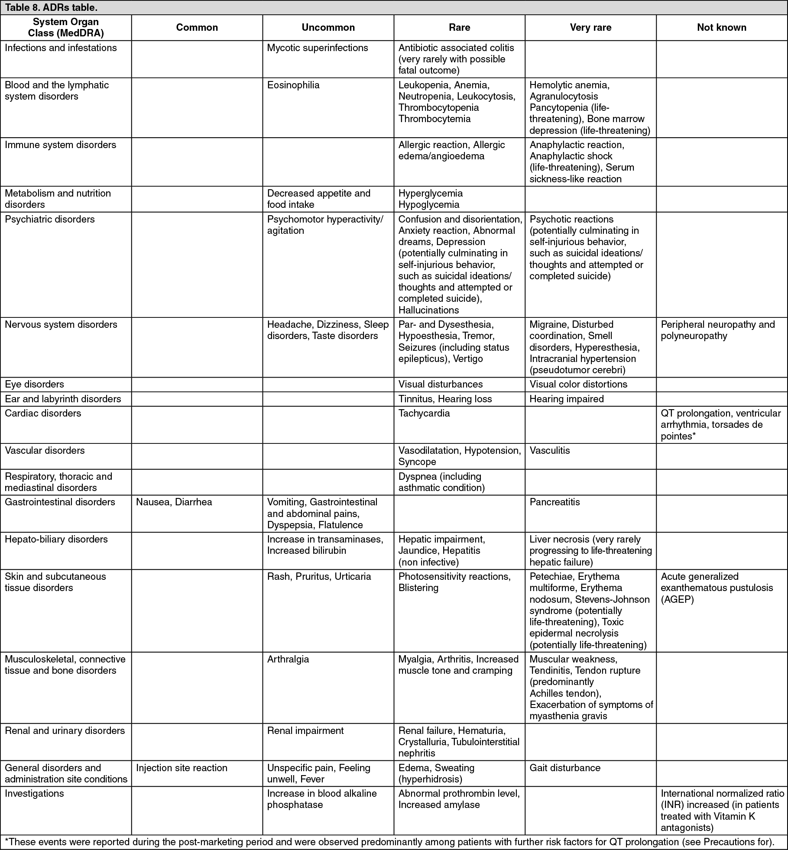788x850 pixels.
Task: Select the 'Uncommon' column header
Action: pyautogui.click(x=328, y=28)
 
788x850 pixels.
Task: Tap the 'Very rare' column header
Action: pyautogui.click(x=590, y=28)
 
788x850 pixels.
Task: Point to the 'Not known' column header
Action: pyautogui.click(x=721, y=28)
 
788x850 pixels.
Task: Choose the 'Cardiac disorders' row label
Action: pyautogui.click(x=43, y=413)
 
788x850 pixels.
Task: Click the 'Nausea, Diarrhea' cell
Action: pyautogui.click(x=174, y=502)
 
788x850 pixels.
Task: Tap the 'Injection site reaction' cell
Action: pyautogui.click(x=182, y=768)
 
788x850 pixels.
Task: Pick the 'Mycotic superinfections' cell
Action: pyautogui.click(x=317, y=48)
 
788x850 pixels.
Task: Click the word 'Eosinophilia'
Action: pyautogui.click(x=293, y=85)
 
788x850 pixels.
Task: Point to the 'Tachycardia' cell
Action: pyautogui.click(x=424, y=413)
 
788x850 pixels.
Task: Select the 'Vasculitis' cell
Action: pyautogui.click(x=549, y=450)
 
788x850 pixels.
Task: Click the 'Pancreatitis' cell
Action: pyautogui.click(x=555, y=502)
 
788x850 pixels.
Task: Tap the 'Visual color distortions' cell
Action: pyautogui.click(x=578, y=385)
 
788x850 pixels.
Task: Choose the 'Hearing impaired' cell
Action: pyautogui.click(x=566, y=399)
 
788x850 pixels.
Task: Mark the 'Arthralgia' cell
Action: pyautogui.click(x=288, y=659)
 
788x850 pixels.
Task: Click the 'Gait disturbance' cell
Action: pyautogui.click(x=565, y=768)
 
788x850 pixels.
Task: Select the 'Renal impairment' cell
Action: pyautogui.click(x=305, y=730)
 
